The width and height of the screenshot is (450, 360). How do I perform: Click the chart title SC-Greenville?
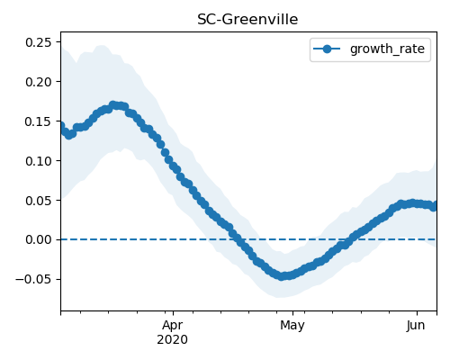point(247,20)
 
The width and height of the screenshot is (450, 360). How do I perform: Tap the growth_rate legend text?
point(387,49)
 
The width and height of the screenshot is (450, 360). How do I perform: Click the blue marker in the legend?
point(327,49)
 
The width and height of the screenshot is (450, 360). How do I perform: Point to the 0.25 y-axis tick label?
point(39,42)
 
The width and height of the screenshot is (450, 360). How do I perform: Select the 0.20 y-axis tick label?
point(39,82)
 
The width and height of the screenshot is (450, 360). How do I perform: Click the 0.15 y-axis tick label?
point(39,121)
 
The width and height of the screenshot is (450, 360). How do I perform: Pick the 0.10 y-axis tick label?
point(39,161)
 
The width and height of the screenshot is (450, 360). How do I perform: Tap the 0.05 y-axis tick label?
point(39,201)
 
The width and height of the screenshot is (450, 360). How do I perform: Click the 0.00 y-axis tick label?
point(39,239)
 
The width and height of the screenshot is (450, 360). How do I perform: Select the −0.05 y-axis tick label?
point(33,279)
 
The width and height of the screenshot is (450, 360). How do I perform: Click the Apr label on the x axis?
point(173,325)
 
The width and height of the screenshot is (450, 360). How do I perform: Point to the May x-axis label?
point(292,325)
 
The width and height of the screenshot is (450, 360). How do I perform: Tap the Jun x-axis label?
point(416,325)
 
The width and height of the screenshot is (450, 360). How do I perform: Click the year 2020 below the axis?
point(173,339)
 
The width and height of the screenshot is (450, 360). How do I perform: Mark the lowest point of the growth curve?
point(281,276)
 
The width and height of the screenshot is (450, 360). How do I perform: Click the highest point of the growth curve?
point(112,105)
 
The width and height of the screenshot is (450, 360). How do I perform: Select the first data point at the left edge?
point(61,126)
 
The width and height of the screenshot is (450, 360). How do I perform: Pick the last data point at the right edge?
point(434,206)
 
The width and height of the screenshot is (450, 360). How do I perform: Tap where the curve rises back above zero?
point(348,239)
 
